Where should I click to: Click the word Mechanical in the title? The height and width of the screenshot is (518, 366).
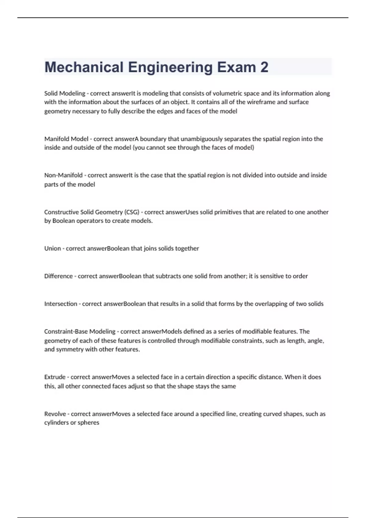84,67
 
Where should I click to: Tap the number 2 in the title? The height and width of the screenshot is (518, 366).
264,67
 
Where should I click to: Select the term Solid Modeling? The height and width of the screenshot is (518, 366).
65,93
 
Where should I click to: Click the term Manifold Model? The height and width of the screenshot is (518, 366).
66,139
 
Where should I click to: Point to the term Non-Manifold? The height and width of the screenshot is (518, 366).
63,175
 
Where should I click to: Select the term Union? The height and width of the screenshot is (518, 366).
52,248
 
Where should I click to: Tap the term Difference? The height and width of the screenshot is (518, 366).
58,276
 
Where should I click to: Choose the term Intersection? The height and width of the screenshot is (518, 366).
60,304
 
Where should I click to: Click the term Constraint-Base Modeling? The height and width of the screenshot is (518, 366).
80,331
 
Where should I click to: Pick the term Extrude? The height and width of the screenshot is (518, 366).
55,377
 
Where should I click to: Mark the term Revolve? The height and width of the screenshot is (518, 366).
55,414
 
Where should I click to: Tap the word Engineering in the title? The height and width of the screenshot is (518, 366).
170,67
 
